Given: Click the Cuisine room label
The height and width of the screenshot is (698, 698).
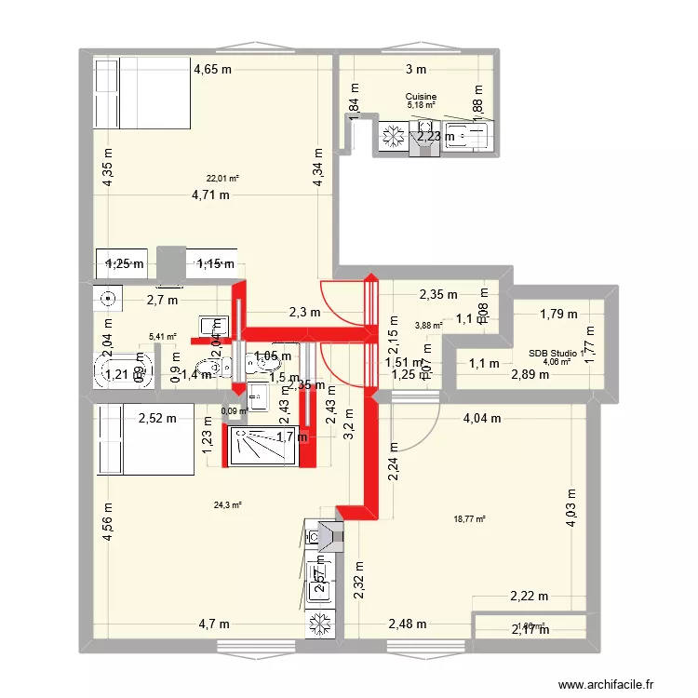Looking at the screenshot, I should [x=421, y=96].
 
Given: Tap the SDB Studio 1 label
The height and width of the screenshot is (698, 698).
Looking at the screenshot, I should [x=555, y=353].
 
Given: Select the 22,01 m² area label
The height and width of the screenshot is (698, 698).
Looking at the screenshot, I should [x=222, y=179].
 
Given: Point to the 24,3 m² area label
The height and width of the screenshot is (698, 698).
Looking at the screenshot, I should [x=227, y=505].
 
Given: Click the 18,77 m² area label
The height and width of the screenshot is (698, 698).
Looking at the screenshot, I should [x=469, y=520].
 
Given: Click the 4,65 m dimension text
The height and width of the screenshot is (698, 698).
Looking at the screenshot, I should [x=212, y=68].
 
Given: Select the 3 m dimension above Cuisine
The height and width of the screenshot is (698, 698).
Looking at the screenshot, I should [x=415, y=69].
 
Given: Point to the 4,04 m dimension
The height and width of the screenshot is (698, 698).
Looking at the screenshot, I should [x=482, y=419].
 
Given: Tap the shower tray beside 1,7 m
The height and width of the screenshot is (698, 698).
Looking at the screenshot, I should [x=264, y=447].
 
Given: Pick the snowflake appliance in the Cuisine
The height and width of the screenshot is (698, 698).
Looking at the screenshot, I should [x=392, y=139].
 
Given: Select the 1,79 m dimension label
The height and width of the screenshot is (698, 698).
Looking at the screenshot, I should [x=558, y=314].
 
